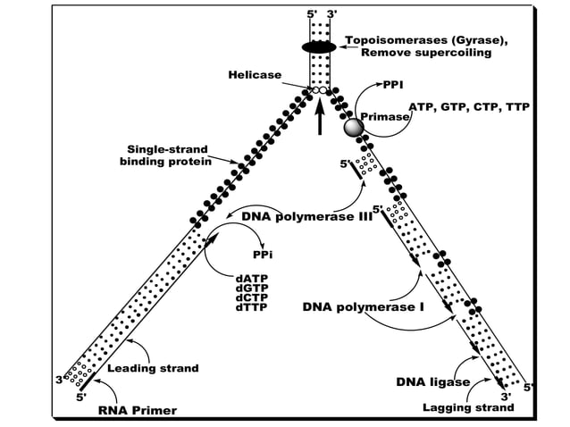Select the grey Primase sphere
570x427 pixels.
[354, 126]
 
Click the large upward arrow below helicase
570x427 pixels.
[320, 117]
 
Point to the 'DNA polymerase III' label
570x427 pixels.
[306, 216]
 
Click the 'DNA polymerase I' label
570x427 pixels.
[363, 307]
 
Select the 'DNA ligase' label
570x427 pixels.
[432, 382]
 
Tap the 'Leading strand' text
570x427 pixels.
[153, 368]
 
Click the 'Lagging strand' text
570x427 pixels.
[467, 407]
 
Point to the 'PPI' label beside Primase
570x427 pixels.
[393, 85]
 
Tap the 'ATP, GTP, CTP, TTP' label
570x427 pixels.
[468, 106]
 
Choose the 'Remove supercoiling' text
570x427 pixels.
[425, 54]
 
